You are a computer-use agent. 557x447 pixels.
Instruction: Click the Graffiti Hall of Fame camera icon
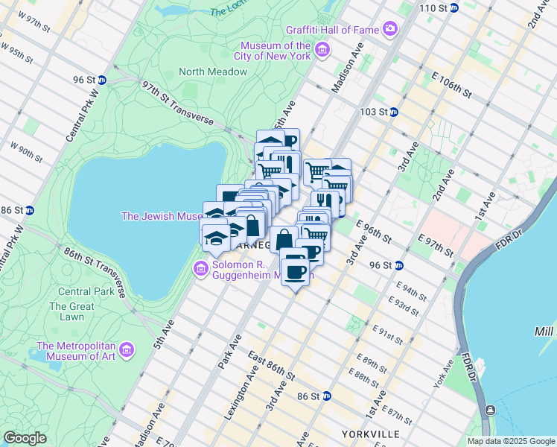pyautogui.click(x=390, y=30)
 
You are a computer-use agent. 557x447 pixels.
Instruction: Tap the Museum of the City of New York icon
pyautogui.click(x=322, y=51)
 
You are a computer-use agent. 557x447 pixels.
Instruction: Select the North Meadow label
pyautogui.click(x=212, y=72)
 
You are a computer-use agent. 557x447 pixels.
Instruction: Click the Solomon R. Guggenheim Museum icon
pyautogui.click(x=200, y=268)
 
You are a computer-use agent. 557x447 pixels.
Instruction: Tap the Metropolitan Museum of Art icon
pyautogui.click(x=127, y=349)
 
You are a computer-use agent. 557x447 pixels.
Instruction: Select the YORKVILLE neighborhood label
pyautogui.click(x=366, y=434)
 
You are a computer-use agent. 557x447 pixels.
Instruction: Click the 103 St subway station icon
pyautogui.click(x=394, y=112)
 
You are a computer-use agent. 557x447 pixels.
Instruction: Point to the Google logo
pyautogui.click(x=25, y=438)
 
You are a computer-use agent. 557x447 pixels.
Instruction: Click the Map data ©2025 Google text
pyautogui.click(x=511, y=441)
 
